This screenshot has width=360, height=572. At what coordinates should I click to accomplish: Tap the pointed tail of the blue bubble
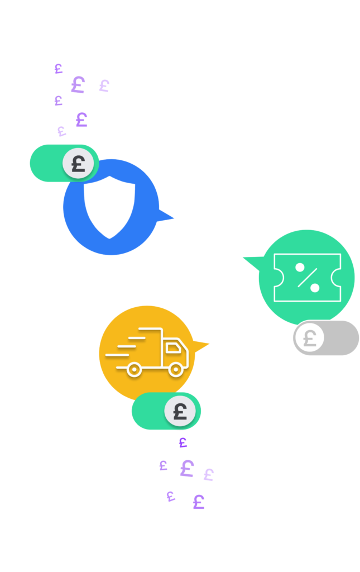click(166, 217)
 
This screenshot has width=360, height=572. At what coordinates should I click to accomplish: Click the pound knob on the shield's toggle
click(78, 164)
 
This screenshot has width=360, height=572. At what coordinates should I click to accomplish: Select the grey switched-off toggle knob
click(310, 338)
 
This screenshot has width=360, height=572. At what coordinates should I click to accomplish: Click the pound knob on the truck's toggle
click(180, 412)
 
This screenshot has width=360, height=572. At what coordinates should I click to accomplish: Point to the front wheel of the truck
click(176, 369)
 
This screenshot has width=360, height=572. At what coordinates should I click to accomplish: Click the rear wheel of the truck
click(134, 369)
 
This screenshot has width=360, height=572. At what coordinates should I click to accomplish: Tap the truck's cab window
click(174, 348)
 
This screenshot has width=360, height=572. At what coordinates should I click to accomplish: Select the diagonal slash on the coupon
click(307, 278)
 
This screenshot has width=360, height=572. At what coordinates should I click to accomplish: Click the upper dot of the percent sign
click(300, 267)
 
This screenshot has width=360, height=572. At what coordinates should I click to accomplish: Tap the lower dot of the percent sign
click(315, 288)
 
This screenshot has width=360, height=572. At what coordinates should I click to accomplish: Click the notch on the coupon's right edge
click(337, 277)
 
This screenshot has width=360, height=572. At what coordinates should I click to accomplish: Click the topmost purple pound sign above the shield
click(58, 69)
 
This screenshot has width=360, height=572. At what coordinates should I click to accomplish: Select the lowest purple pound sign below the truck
click(198, 502)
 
